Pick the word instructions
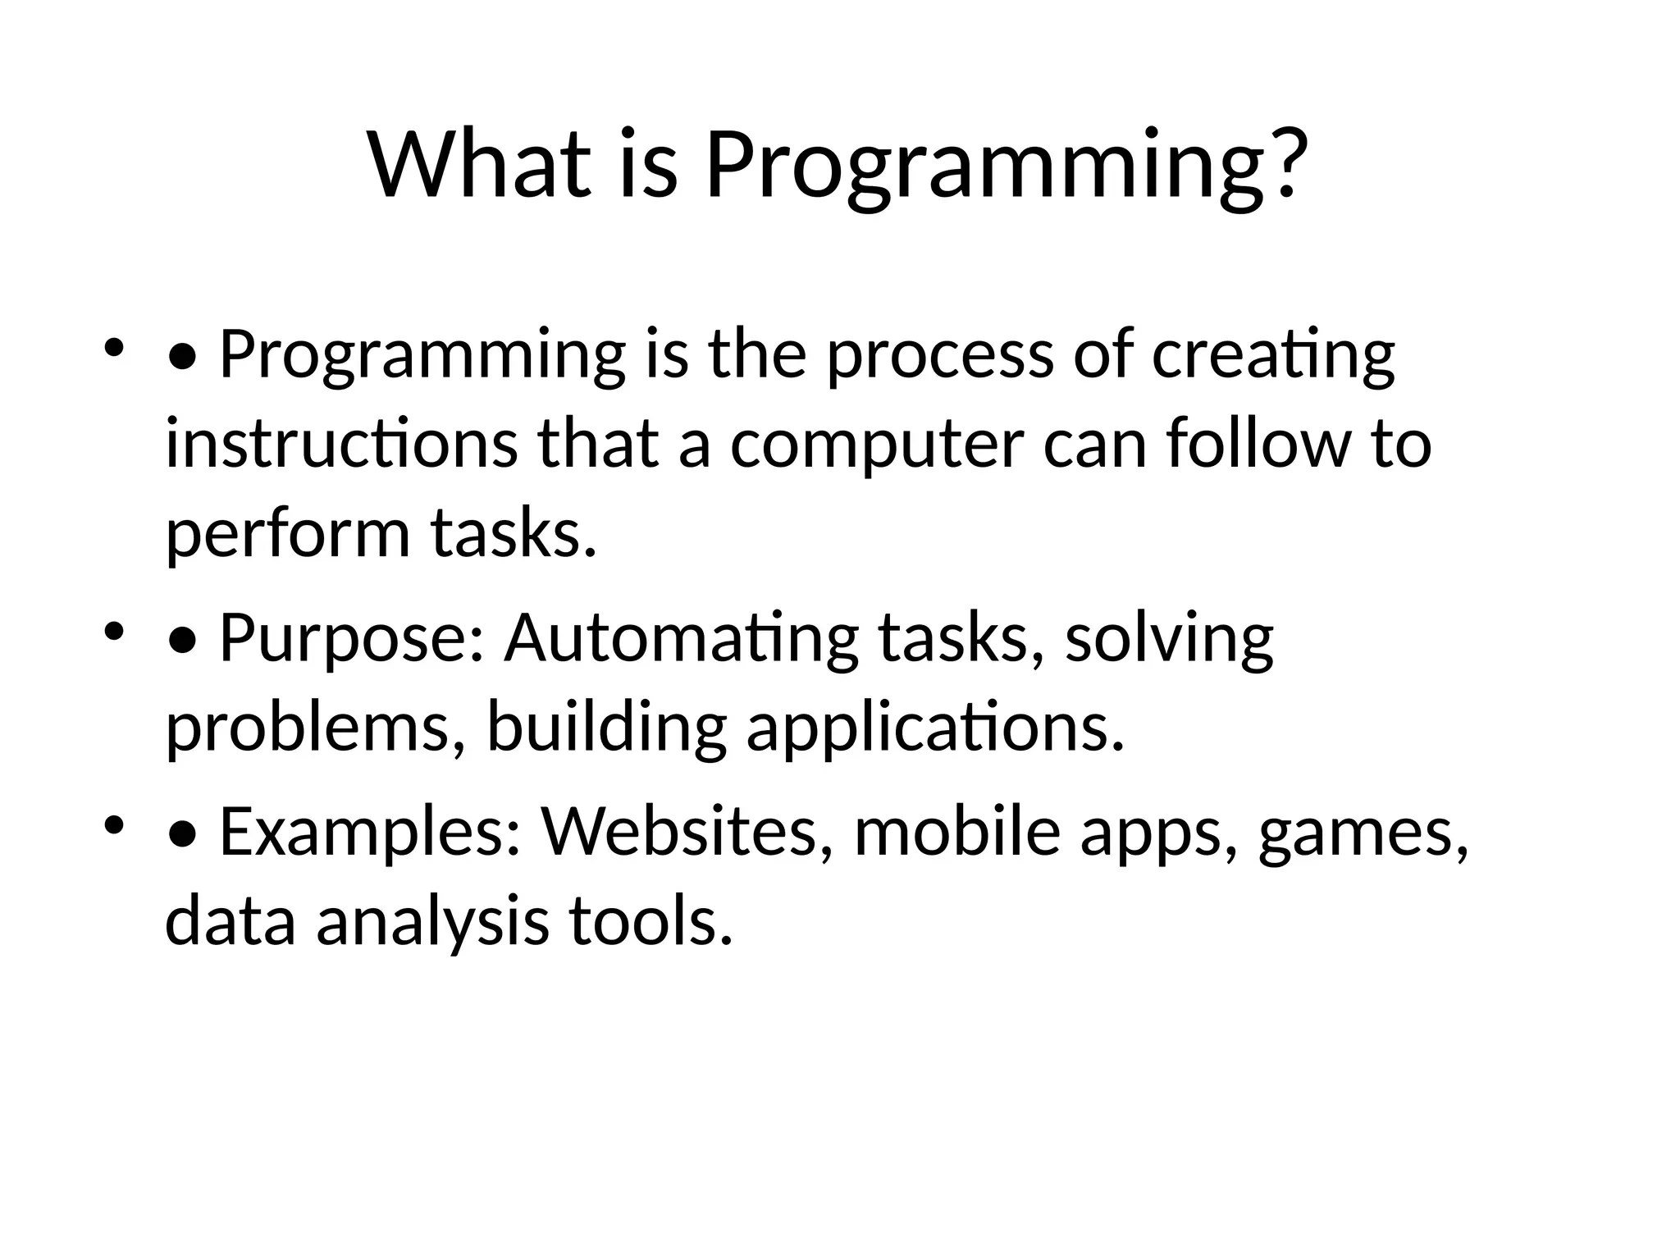tap(341, 445)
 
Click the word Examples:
tap(370, 833)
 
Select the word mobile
tap(957, 833)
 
